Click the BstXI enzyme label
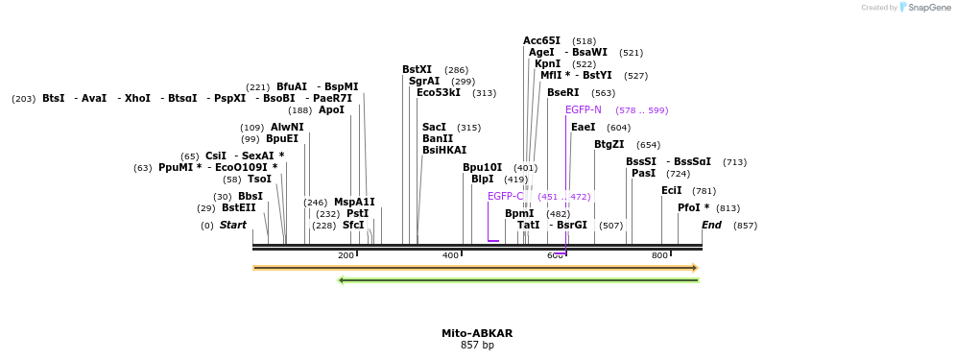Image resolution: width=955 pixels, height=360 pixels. point(417,70)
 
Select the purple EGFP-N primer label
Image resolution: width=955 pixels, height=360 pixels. point(584,110)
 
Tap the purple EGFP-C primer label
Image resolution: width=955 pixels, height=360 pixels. point(506,197)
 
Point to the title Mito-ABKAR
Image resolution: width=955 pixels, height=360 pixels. point(477,334)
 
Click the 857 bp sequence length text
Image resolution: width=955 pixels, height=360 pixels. point(477,346)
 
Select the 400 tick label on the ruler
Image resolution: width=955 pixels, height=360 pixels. point(450,255)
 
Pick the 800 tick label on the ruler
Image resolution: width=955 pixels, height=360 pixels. point(659,255)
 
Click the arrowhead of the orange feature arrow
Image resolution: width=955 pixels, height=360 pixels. point(695,268)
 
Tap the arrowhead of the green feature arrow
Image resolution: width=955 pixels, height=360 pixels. point(342,280)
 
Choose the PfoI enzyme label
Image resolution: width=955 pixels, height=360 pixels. point(693,208)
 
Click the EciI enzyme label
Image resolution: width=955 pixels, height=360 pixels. point(671,191)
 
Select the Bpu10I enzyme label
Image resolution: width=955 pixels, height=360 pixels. point(482,168)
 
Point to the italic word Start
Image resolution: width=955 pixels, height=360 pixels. point(233,226)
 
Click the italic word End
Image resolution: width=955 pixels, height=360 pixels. point(711,226)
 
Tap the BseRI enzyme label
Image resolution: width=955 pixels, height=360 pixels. point(562,93)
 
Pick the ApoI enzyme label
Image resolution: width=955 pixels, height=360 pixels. point(331,110)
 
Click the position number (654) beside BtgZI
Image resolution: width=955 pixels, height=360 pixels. point(648,145)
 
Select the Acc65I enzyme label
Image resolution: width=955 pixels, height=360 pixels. point(541,41)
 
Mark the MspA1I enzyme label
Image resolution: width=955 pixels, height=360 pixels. point(354,203)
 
